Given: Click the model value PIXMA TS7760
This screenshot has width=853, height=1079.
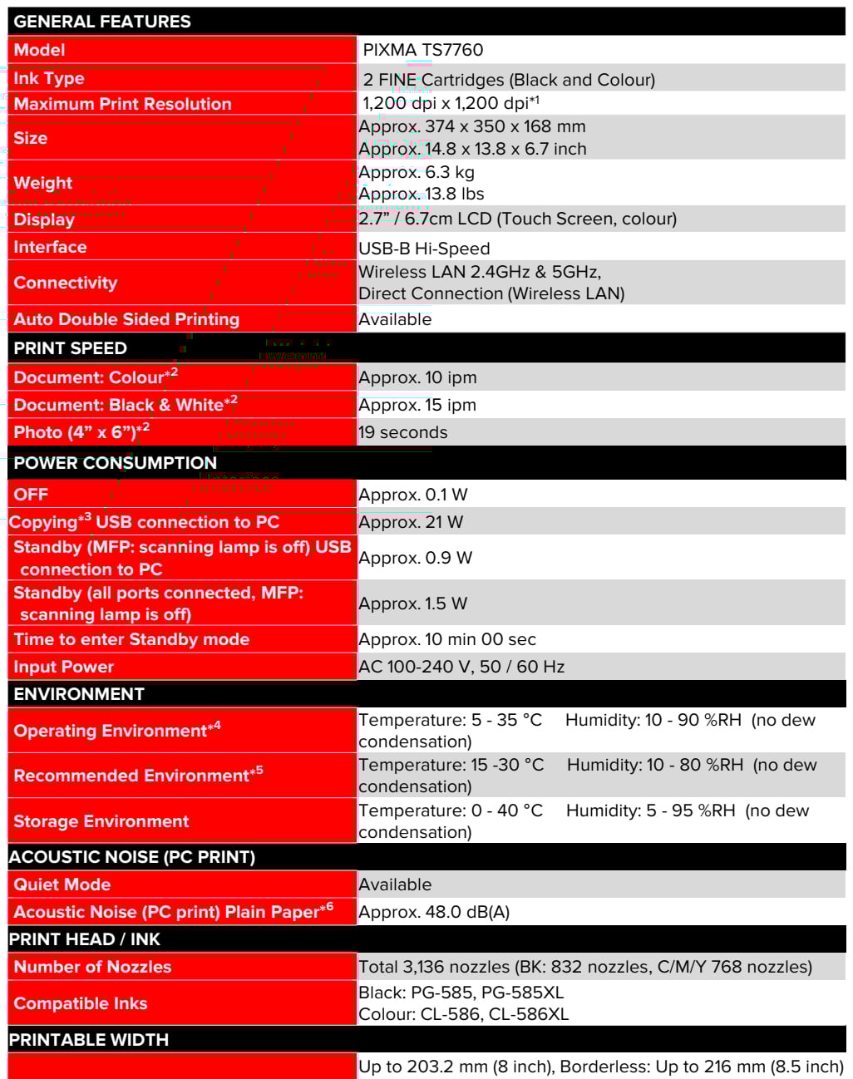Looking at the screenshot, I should pos(422,50).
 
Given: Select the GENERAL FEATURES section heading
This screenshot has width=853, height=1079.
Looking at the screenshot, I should pos(102,22).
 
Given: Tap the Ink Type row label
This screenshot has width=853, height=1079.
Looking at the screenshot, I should pos(49,78).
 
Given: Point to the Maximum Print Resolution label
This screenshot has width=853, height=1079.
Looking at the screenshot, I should pos(122,104).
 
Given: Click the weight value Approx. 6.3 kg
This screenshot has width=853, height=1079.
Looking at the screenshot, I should pos(417,172).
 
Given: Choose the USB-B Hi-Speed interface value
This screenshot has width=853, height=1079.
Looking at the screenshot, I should pos(424,249).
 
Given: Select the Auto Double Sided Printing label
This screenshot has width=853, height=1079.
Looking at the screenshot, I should pos(126,319).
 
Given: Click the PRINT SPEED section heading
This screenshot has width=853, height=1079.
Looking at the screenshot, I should pos(71,348).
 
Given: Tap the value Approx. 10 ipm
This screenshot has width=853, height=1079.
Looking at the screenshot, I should pos(417,377).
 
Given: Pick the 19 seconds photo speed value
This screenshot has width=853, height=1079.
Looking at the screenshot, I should pos(402,432).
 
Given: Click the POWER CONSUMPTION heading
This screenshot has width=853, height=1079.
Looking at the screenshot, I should pos(115,463).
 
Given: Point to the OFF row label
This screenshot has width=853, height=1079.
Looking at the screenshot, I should pos(31,495).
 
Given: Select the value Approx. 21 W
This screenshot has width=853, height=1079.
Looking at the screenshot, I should pos(411,522).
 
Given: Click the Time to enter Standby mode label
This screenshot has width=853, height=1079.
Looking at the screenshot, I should pos(131,639).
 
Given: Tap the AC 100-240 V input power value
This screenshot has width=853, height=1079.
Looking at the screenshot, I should pos(461,667).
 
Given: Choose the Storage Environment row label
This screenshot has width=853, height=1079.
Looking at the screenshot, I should pos(101,821).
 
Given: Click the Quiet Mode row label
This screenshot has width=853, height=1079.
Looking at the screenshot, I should pos(62,884).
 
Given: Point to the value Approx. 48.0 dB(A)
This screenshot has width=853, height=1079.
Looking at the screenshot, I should pos(434,912).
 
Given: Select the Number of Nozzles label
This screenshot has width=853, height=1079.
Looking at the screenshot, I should pos(92,967).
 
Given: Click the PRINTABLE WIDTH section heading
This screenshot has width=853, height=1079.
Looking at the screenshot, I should pos(89,1040).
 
